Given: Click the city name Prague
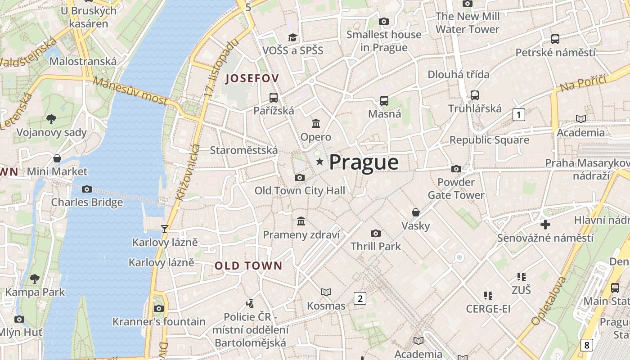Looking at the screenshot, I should click(x=364, y=162).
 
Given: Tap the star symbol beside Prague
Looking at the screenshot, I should click(x=319, y=161).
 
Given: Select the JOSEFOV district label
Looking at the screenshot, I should click(x=252, y=78).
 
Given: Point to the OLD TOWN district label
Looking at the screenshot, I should click(x=248, y=265).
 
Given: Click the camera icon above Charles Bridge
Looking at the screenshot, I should click(x=87, y=189).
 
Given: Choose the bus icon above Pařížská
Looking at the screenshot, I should click(x=273, y=97).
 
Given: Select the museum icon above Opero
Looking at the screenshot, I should click(x=316, y=123).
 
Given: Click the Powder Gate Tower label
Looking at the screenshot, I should click(x=456, y=189).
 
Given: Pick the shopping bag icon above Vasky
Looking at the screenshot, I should click(x=416, y=212).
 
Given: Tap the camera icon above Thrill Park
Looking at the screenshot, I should click(x=376, y=233).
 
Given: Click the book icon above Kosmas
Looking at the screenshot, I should click(x=326, y=292).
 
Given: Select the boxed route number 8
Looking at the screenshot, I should click(x=586, y=345).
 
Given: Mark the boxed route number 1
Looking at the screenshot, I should click(x=519, y=115).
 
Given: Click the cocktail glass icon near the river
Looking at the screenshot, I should click(x=165, y=229).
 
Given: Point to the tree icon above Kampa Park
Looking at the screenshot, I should click(x=35, y=279).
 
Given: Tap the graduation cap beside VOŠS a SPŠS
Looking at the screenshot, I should click(x=293, y=37).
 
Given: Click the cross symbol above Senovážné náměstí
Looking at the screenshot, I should click(x=545, y=224).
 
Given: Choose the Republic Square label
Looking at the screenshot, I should click(x=489, y=140).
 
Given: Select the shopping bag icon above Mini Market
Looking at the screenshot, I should click(x=57, y=158).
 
